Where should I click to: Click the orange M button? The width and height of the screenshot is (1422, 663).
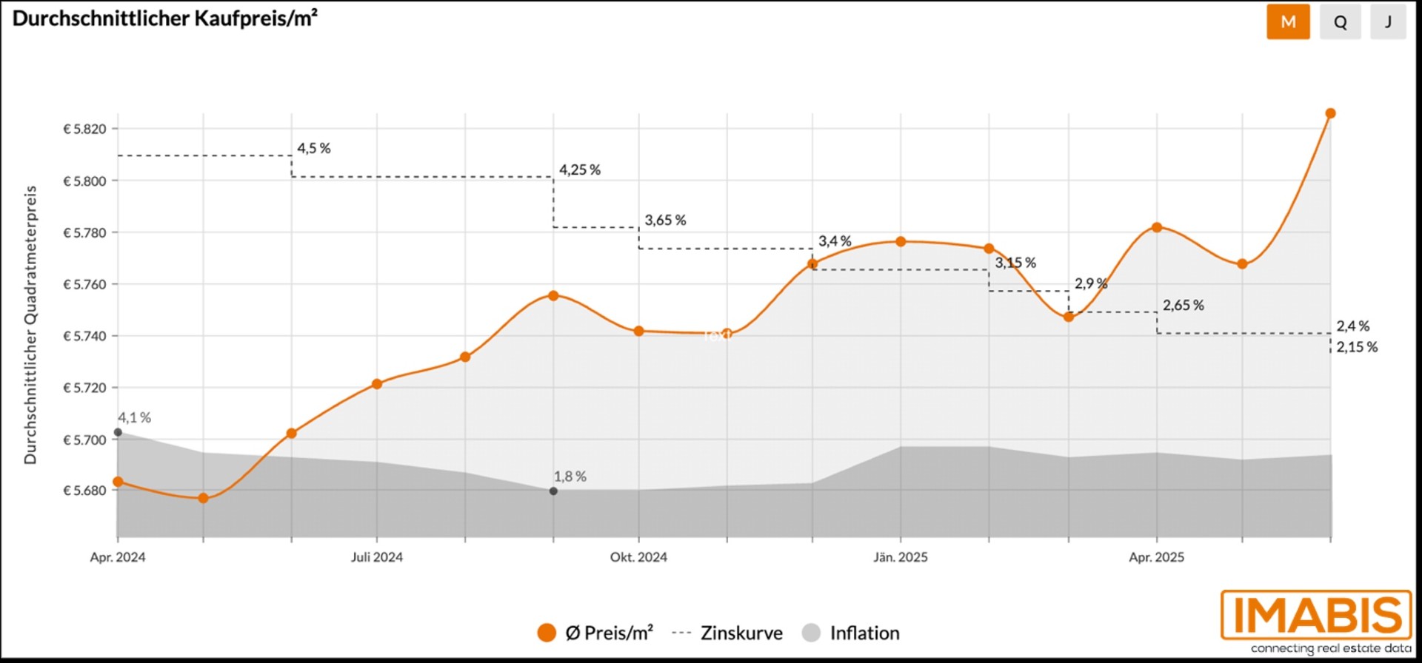pos(1288,22)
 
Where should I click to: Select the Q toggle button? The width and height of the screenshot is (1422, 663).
pos(1340,22)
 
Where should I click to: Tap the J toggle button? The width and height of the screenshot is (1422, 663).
pos(1388,22)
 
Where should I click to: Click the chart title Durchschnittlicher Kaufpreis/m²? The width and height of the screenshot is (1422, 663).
pos(165,18)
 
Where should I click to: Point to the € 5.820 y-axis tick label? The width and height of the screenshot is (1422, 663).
pos(85,129)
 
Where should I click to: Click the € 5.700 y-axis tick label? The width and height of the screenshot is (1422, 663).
pos(85,440)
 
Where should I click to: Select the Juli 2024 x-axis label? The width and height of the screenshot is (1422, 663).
pos(376,557)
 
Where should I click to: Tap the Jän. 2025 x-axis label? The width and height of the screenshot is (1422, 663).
pos(900,557)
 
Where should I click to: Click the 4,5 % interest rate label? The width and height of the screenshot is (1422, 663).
pos(314,149)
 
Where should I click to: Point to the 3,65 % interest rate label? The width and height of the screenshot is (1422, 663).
pos(665,221)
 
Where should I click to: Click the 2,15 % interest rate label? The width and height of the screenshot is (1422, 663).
pos(1357,347)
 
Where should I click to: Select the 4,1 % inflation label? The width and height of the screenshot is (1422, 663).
pos(134,418)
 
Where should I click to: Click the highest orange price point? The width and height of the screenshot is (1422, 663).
pos(1330,114)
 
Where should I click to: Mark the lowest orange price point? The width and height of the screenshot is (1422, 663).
pos(204,498)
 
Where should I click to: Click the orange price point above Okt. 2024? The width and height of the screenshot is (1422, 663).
pos(638,331)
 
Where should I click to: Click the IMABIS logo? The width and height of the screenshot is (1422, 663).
pos(1316,615)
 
